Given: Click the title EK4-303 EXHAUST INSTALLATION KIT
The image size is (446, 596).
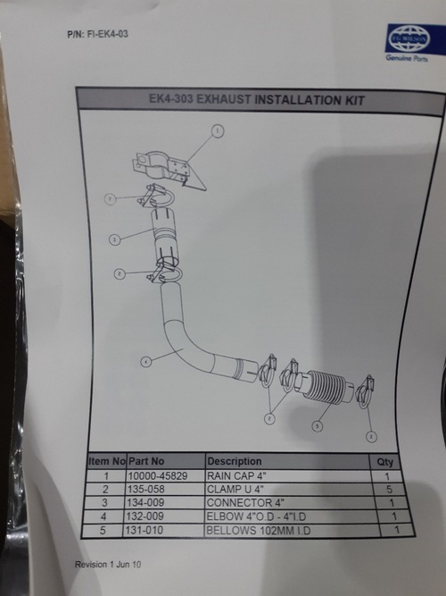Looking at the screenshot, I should point(257,100).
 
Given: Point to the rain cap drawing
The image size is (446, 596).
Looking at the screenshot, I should point(169,169).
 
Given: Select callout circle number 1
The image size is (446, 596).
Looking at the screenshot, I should point(217,131).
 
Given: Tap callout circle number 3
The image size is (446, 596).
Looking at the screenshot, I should point(113,239).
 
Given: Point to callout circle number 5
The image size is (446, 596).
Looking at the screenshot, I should point(316,427).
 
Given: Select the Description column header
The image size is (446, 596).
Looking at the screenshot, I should point(235,462).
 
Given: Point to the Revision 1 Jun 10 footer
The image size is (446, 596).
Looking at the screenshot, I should point(110,567).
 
